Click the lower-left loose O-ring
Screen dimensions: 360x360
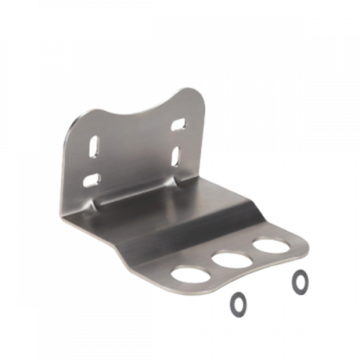coord(237,304)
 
